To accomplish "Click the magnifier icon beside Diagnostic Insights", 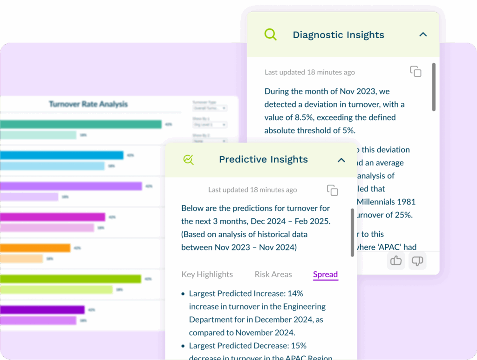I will pyautogui.click(x=270, y=34).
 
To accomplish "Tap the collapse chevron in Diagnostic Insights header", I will pyautogui.click(x=423, y=34).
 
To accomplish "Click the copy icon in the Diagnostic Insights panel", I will pyautogui.click(x=416, y=71).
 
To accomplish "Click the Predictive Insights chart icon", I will pyautogui.click(x=189, y=160).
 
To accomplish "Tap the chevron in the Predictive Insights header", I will pyautogui.click(x=341, y=160).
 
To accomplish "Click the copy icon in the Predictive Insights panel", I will pyautogui.click(x=332, y=190).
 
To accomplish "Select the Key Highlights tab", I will pyautogui.click(x=207, y=274).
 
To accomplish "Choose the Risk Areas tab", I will pyautogui.click(x=273, y=274).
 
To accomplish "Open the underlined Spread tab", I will pyautogui.click(x=325, y=274).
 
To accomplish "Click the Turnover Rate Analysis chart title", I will pyautogui.click(x=88, y=104).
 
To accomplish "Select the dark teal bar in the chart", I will pyautogui.click(x=79, y=124).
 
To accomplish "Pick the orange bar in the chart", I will pyautogui.click(x=35, y=248).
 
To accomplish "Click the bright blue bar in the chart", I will pyautogui.click(x=61, y=155).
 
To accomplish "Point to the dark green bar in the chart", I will pyautogui.click(x=70, y=279).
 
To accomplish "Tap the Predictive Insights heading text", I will pyautogui.click(x=263, y=160).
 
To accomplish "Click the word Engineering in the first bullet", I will pyautogui.click(x=304, y=306).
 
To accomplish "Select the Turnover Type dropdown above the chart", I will pyautogui.click(x=209, y=108).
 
